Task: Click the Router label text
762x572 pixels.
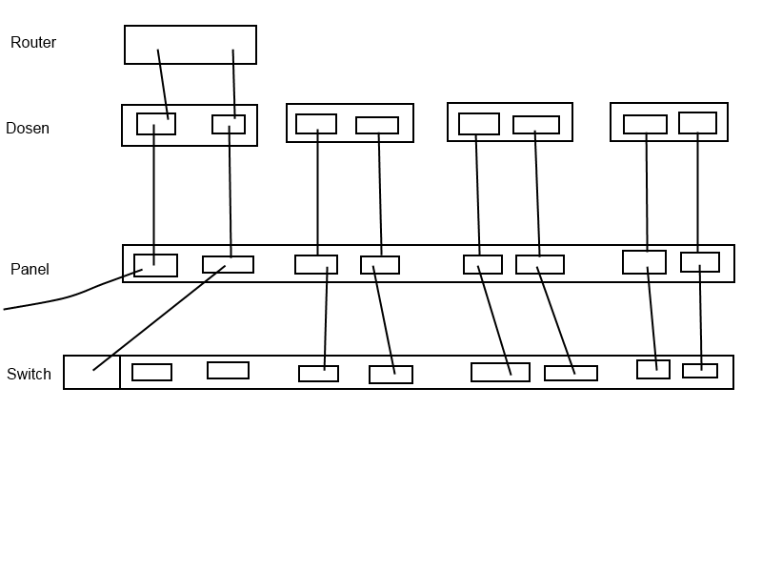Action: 33,43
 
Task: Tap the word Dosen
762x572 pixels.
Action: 28,129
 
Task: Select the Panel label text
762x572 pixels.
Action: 30,270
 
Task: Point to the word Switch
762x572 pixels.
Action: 29,375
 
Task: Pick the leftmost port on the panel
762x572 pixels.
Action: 155,265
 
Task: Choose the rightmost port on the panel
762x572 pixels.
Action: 700,262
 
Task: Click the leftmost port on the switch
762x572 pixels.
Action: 151,372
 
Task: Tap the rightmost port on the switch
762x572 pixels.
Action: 700,371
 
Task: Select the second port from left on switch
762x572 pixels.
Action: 228,370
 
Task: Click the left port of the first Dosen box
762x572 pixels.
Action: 156,124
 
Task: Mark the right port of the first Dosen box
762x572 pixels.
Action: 229,124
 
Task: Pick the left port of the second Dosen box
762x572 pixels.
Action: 316,124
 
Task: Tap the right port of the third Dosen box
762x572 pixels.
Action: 536,125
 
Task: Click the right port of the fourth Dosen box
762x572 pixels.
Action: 697,123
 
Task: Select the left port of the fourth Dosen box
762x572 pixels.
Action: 645,124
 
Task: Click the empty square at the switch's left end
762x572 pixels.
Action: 91,372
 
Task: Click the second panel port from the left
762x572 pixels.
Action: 228,264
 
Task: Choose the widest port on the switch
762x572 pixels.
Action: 500,372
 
